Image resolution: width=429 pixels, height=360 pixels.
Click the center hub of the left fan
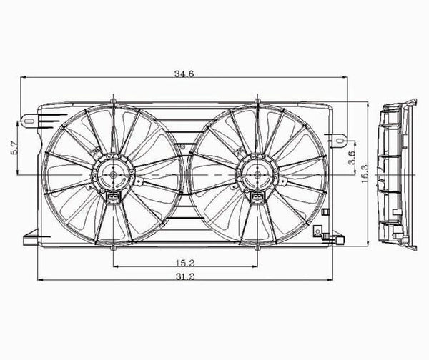[112, 174]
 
